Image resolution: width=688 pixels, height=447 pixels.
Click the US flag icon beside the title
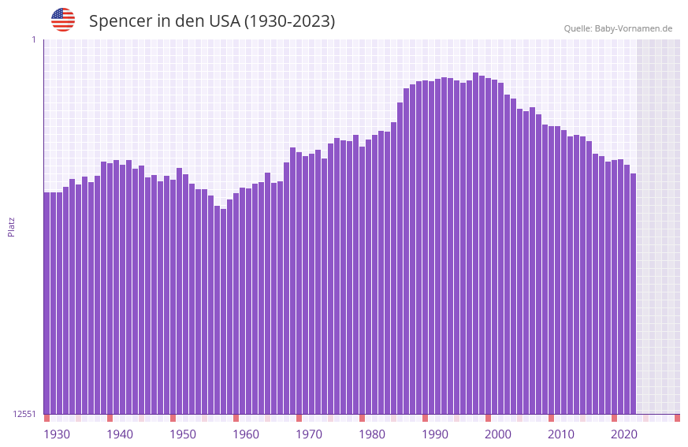63,20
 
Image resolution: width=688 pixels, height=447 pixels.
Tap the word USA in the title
224,21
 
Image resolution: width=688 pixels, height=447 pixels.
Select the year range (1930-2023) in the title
289,21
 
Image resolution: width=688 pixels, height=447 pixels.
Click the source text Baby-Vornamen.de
633,28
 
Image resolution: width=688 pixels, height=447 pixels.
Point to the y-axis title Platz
11,226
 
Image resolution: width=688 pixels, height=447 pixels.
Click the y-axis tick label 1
33,39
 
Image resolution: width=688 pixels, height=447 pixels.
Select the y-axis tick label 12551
24,414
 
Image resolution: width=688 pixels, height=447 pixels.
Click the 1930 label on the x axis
57,434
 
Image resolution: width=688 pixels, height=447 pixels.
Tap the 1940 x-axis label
120,434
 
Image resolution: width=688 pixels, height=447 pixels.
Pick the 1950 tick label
183,434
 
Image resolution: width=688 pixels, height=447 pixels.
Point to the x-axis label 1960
246,434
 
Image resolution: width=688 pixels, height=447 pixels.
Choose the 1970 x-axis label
309,434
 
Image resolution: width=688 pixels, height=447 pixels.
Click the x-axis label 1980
372,434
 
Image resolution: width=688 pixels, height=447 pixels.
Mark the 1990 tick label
435,434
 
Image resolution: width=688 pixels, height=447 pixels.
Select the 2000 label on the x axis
498,434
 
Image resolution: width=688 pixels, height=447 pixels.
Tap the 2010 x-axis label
561,434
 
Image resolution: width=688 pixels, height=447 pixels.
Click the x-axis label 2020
624,434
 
